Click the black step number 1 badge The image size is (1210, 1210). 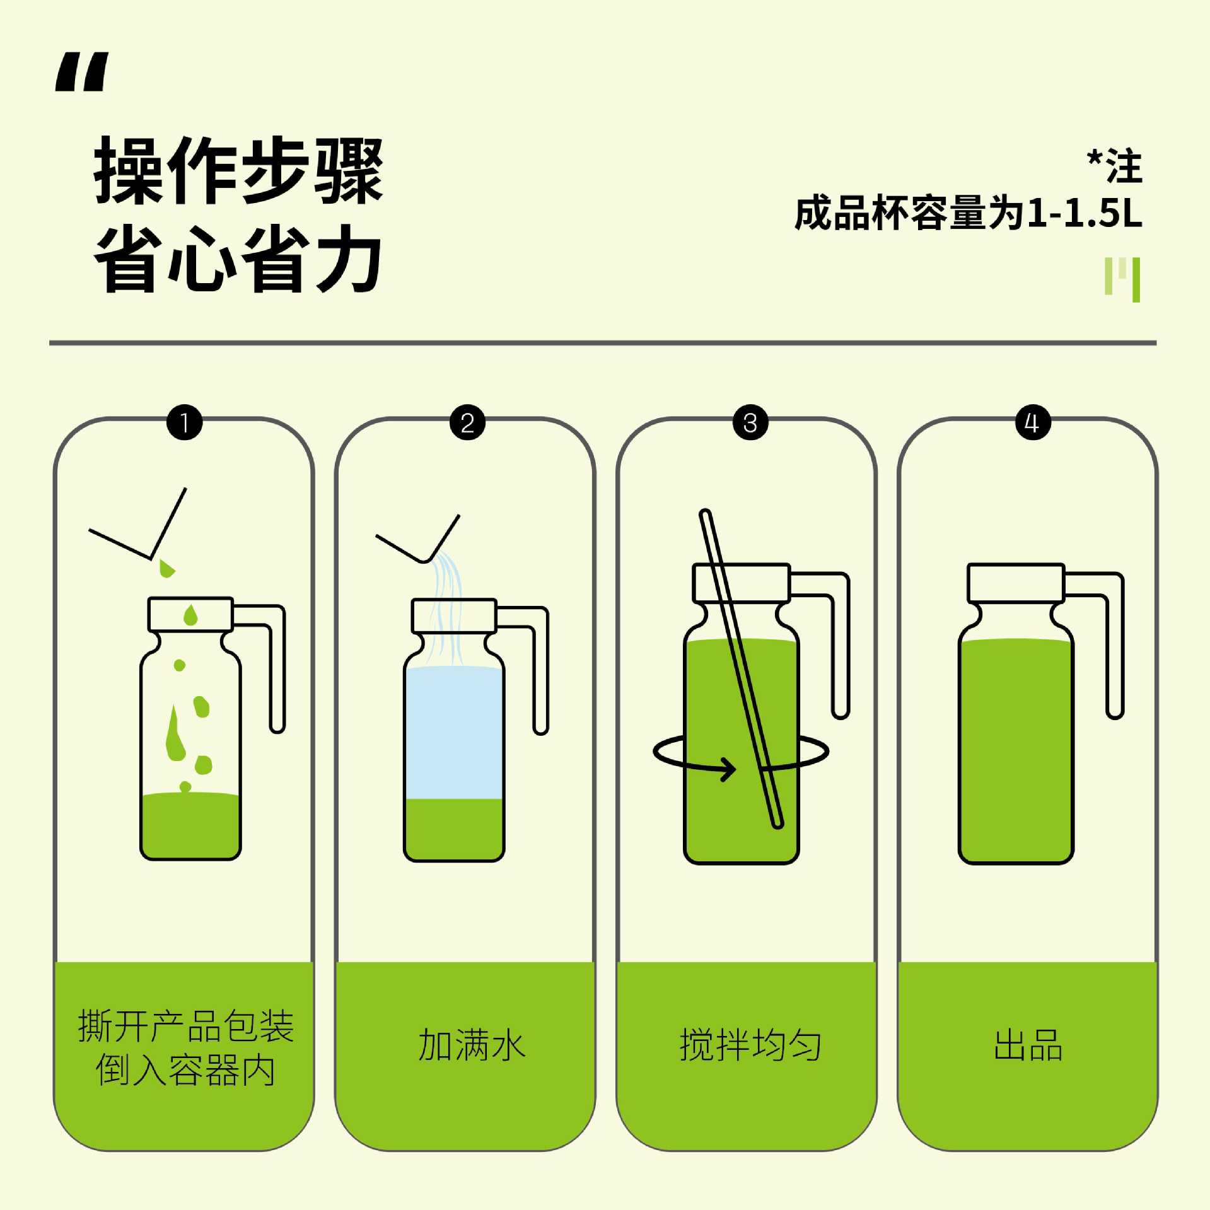point(185,422)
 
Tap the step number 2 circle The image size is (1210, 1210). point(467,422)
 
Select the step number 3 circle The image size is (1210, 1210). point(750,422)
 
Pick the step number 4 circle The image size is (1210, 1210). point(1033,422)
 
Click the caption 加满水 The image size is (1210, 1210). point(472,1045)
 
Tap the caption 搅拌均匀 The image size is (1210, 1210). point(750,1045)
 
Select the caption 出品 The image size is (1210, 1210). point(1028,1045)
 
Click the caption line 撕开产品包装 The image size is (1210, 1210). point(186,1026)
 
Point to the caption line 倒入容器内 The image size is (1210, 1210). point(185,1070)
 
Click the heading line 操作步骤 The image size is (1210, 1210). point(239,170)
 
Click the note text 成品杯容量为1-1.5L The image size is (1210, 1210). point(969,213)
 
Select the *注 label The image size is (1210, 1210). point(1115,166)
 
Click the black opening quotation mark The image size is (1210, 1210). point(82,72)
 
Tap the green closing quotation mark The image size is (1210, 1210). point(1122,279)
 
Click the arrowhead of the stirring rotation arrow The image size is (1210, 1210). point(729,769)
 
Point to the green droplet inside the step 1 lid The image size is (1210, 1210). point(190,615)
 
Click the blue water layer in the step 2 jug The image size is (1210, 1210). point(454,733)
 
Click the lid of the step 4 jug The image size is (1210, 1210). point(1016,583)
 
